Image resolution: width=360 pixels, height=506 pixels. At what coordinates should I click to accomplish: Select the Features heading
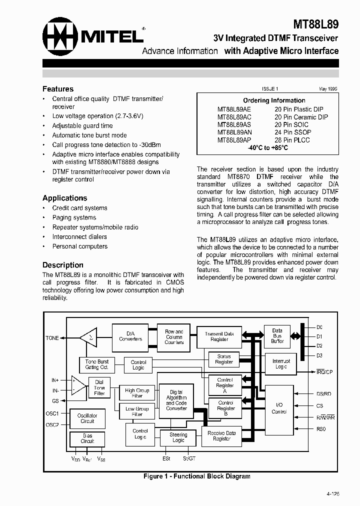click(58, 89)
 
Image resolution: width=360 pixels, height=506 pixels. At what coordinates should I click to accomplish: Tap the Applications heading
click(64, 198)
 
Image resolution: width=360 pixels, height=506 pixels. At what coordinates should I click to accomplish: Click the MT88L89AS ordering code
click(234, 124)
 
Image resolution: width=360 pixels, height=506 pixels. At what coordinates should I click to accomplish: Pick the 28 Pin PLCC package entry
click(292, 140)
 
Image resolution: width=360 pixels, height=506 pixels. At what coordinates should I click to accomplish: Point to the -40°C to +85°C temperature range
click(267, 148)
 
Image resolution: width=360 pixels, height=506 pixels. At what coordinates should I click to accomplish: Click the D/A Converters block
click(130, 335)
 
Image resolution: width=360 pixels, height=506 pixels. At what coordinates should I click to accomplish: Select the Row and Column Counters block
click(174, 336)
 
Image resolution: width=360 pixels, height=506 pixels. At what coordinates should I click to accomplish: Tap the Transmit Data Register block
click(219, 336)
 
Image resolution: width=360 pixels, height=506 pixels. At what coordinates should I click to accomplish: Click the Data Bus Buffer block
click(277, 335)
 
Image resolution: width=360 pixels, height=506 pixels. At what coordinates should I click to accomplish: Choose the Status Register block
click(224, 359)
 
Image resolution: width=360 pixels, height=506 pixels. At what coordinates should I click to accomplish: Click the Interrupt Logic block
click(281, 363)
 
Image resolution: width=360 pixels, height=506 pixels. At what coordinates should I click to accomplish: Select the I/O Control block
click(279, 408)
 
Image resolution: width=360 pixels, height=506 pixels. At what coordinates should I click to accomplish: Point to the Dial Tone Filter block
click(99, 387)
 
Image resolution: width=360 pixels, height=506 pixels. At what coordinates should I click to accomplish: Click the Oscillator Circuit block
click(87, 418)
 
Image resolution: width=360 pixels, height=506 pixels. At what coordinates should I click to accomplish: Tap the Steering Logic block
click(178, 437)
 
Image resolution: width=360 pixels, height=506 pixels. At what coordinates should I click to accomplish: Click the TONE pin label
click(52, 338)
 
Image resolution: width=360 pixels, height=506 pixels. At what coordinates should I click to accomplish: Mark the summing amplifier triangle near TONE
click(89, 337)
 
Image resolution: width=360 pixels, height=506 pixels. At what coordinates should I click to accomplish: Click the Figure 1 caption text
click(196, 476)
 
